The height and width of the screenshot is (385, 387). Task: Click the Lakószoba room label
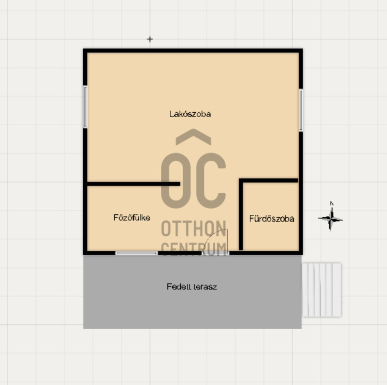click(x=190, y=114)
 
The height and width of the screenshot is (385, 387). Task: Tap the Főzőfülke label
click(x=132, y=217)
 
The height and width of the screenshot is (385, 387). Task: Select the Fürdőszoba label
click(x=271, y=219)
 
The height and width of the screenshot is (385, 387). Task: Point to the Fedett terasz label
click(x=192, y=287)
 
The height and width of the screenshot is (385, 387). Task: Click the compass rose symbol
click(x=330, y=219)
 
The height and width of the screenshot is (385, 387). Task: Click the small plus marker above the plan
click(x=150, y=39)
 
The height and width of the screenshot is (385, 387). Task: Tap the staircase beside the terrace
click(x=321, y=290)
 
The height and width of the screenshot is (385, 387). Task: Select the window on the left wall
click(x=85, y=107)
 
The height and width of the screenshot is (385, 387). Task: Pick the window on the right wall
click(x=301, y=110)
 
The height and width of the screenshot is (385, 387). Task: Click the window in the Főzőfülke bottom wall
click(x=137, y=253)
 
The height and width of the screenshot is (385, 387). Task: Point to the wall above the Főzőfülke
click(x=133, y=184)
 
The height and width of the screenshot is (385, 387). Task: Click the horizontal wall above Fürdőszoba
click(x=268, y=180)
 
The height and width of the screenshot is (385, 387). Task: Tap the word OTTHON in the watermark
click(x=193, y=229)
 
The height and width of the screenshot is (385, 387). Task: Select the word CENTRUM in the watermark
click(x=193, y=248)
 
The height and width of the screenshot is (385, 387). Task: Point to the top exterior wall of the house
click(x=193, y=50)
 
